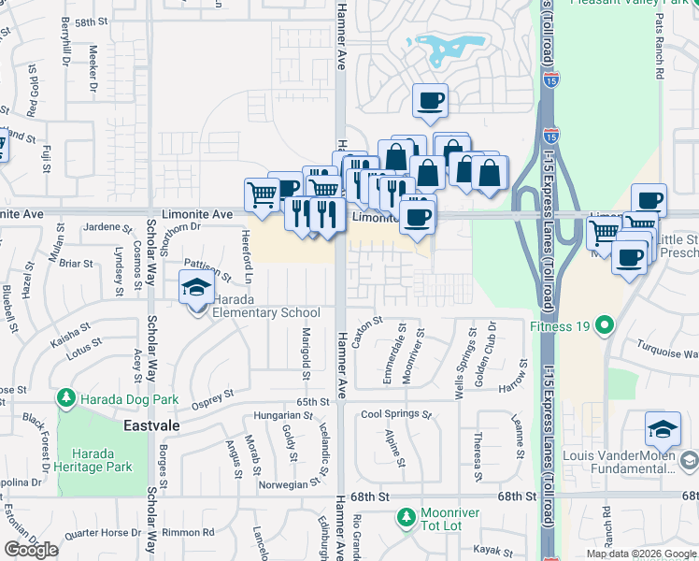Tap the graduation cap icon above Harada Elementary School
(196, 287)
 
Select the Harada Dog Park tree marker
(65, 399)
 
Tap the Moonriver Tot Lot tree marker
(406, 516)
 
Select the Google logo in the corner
(31, 550)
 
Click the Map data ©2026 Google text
(641, 554)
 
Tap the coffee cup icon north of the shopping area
(430, 100)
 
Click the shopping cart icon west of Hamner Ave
(263, 194)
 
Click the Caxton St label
(367, 331)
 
